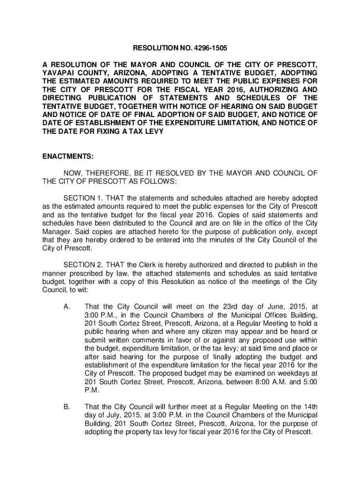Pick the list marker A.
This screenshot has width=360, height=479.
(66, 307)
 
